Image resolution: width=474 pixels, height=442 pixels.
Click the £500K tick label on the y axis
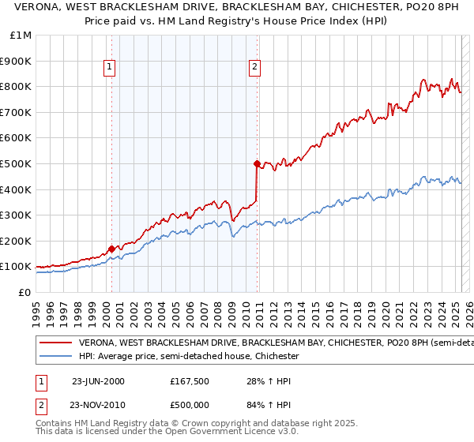coord(17,163)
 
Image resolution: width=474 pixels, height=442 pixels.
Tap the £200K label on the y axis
coord(17,241)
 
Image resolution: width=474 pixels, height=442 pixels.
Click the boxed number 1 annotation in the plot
coord(109,68)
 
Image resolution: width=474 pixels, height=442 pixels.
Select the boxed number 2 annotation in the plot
coord(255,68)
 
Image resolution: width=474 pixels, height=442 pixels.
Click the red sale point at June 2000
coord(111,249)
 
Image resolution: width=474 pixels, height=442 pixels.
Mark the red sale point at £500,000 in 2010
coord(257,163)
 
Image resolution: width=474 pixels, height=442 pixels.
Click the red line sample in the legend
coord(56,343)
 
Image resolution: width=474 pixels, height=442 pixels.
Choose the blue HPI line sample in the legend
coord(56,357)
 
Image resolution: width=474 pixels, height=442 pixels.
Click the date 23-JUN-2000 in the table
coord(98,381)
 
